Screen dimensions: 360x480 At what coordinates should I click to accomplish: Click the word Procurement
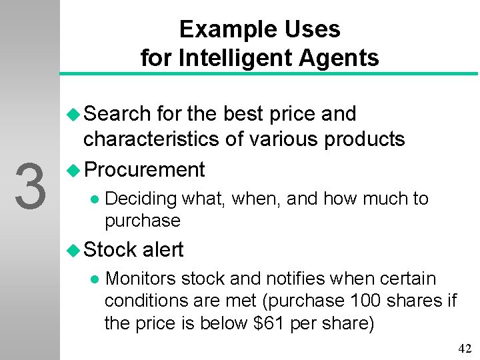[x=145, y=170]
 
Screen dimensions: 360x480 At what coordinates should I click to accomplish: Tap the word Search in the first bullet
[x=117, y=114]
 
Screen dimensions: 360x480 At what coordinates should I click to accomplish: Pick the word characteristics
[x=150, y=139]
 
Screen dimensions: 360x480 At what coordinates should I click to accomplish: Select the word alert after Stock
[x=163, y=250]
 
